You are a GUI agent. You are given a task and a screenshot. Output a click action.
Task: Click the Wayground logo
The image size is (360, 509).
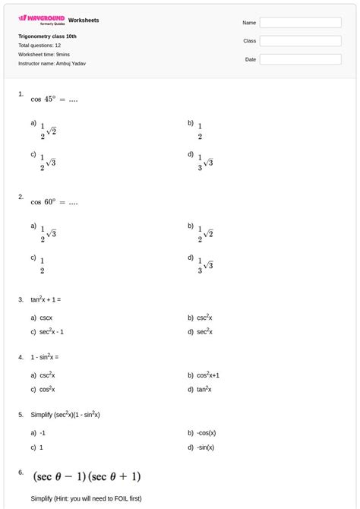[x=42, y=19]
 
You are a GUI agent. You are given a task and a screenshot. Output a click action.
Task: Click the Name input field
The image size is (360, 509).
[x=300, y=23]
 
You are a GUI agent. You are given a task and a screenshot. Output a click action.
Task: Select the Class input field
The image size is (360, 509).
[x=300, y=41]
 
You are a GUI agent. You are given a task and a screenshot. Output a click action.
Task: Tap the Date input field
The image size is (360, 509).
[x=300, y=59]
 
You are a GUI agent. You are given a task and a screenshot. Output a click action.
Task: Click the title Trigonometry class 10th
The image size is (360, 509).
[x=47, y=36]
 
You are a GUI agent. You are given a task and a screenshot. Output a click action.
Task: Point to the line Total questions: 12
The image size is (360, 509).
[x=39, y=46]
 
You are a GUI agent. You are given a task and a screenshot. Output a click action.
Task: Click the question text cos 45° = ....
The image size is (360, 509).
[x=54, y=99]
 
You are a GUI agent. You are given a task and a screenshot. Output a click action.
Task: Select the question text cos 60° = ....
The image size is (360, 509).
[x=54, y=202]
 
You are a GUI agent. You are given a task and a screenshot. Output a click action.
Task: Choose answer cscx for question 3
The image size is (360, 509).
[x=46, y=318]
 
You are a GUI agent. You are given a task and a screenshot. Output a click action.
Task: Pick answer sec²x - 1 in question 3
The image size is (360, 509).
[x=52, y=331]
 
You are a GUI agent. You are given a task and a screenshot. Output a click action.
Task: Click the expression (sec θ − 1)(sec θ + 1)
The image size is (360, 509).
[x=86, y=476]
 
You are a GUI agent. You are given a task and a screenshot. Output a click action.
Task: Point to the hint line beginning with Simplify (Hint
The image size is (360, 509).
[x=86, y=498]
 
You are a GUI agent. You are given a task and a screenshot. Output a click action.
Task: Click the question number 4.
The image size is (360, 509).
[x=21, y=356]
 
